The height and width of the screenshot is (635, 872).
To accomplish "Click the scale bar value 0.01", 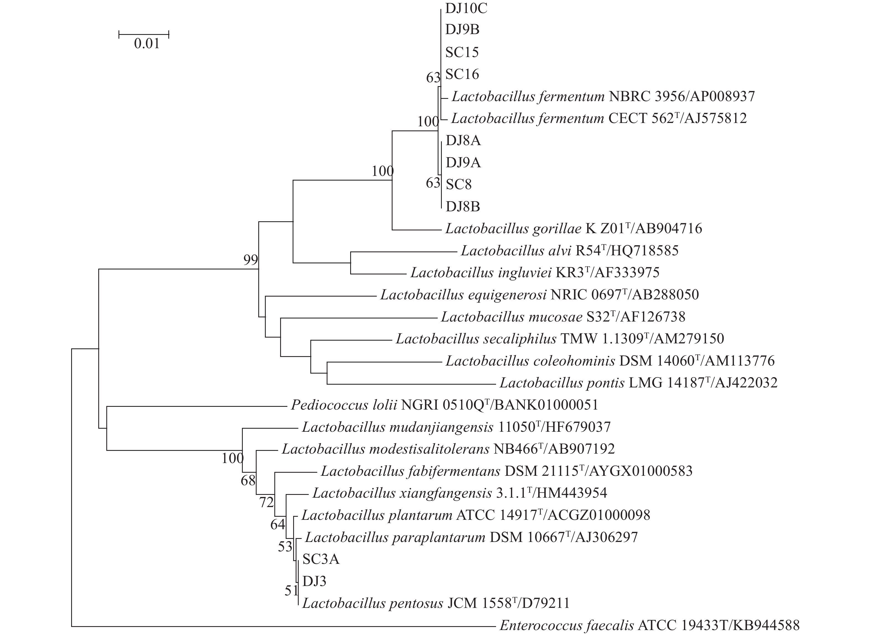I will (146, 44).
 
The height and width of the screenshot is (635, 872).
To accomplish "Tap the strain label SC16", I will (462, 74).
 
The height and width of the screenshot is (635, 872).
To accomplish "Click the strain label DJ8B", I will (463, 207).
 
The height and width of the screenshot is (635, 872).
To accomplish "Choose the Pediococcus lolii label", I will (444, 405).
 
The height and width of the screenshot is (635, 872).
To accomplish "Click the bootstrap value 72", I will (266, 502).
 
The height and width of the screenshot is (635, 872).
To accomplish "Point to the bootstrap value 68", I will (248, 480).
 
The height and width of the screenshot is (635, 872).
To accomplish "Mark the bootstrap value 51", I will (291, 591).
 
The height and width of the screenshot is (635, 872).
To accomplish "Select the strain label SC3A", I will (321, 559).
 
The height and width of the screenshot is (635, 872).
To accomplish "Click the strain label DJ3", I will (314, 581).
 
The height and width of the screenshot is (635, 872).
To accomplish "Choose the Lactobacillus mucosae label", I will (563, 317).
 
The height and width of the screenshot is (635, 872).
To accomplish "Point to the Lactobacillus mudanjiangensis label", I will (456, 427).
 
